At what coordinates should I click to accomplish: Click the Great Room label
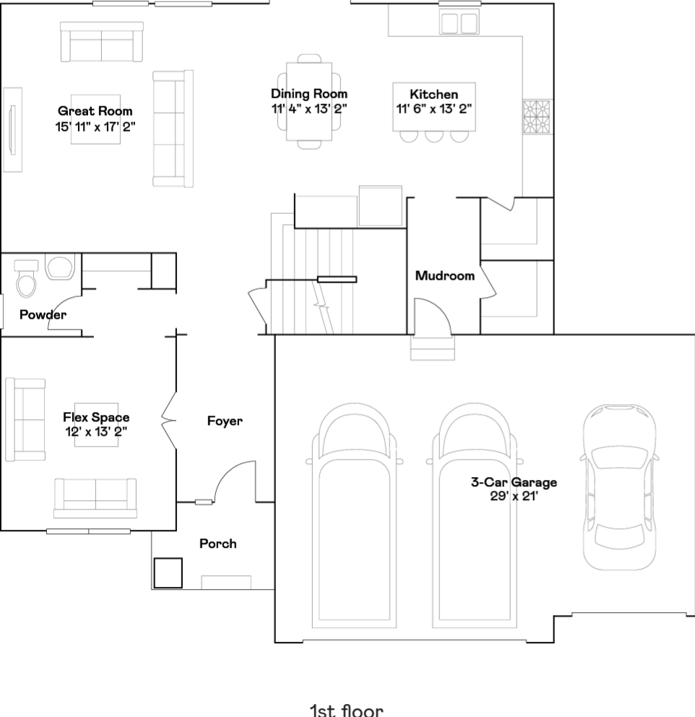pos(95,111)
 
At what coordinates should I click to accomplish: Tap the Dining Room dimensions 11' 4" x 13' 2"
pos(309,109)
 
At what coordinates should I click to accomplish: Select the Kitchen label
pos(433,94)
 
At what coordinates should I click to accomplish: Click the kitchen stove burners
pos(538,117)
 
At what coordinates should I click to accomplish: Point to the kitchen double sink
pos(459,23)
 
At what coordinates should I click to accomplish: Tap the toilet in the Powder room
pos(26,278)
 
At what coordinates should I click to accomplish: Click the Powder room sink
pos(60,267)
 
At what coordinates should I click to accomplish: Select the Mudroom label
pos(444,275)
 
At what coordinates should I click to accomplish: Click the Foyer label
pos(225,421)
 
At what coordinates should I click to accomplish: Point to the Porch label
pos(218,544)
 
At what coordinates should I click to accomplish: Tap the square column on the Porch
pos(168,573)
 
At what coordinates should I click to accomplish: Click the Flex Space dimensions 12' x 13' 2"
pos(96,432)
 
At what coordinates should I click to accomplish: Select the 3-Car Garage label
pos(514,482)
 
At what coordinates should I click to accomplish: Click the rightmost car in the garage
pos(619,486)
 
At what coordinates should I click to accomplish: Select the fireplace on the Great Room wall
pos(13,130)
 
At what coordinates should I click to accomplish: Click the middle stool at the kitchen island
pos(433,137)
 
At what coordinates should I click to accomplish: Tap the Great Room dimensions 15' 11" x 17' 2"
pos(95,126)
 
